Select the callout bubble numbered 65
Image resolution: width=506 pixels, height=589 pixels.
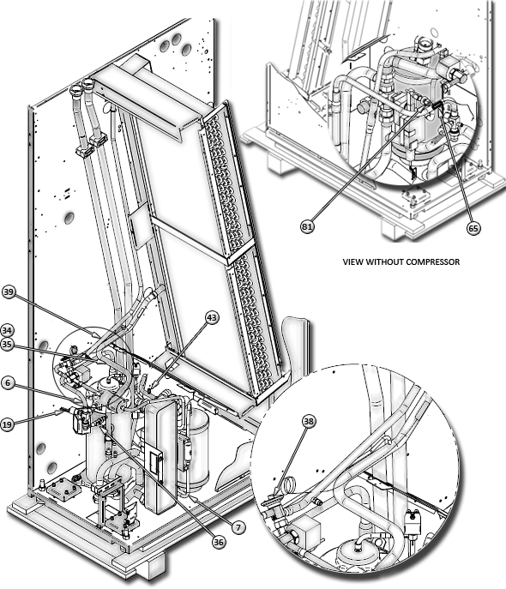[473, 228]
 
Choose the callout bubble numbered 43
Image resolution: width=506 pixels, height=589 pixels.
[212, 317]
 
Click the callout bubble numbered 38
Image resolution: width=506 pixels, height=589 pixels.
[309, 421]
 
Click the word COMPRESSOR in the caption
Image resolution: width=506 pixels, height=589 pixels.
[435, 261]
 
